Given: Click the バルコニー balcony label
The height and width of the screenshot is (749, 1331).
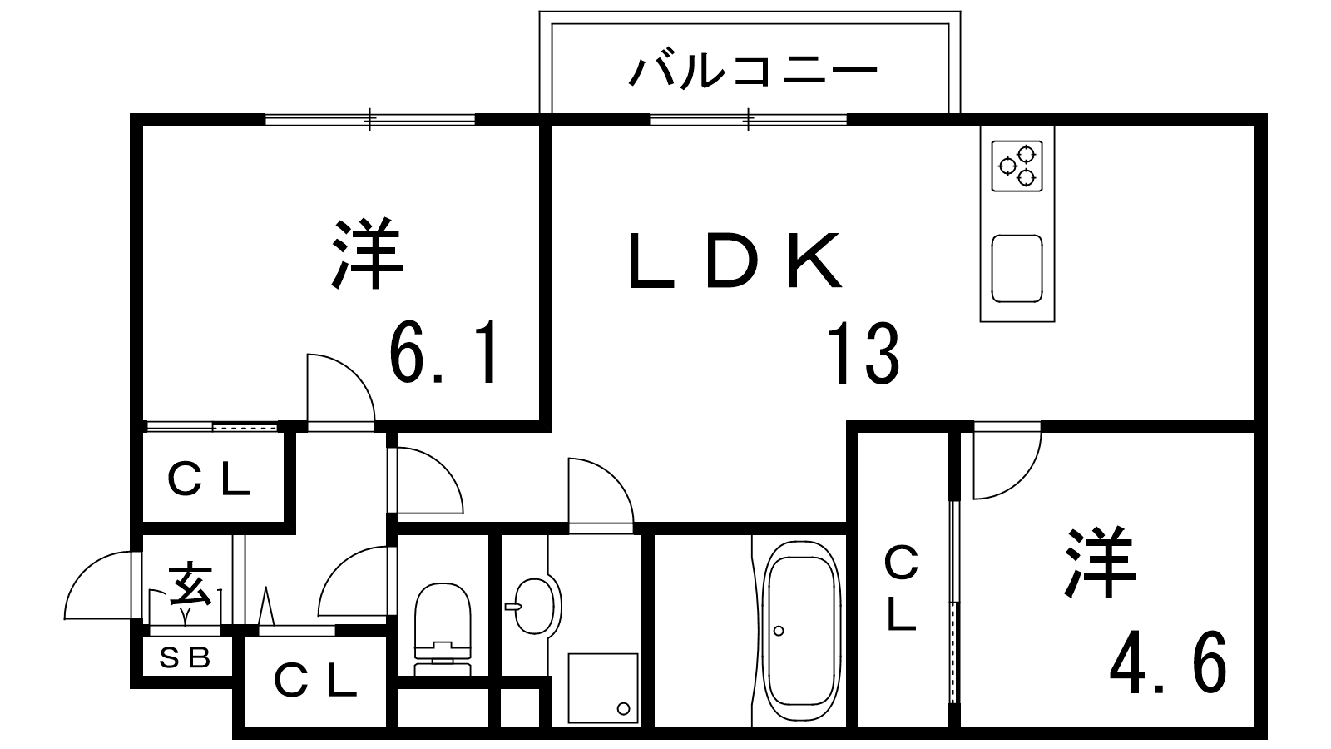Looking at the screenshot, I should click(753, 71).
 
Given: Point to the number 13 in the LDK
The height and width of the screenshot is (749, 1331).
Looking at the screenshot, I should click(863, 355).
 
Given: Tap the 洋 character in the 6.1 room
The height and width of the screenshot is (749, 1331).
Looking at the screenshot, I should click(367, 254).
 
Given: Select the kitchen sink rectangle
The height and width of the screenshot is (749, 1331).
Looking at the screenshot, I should click(1017, 269).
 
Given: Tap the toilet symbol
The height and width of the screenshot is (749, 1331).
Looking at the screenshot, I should click(442, 629).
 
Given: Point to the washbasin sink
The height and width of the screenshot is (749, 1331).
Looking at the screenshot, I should click(533, 604).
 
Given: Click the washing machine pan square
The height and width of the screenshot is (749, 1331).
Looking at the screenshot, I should click(602, 687).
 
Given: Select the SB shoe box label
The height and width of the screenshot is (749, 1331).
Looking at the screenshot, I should click(184, 659).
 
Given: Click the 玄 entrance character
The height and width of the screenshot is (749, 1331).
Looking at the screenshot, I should click(190, 583).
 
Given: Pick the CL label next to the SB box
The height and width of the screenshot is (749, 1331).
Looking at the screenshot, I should click(315, 682).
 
